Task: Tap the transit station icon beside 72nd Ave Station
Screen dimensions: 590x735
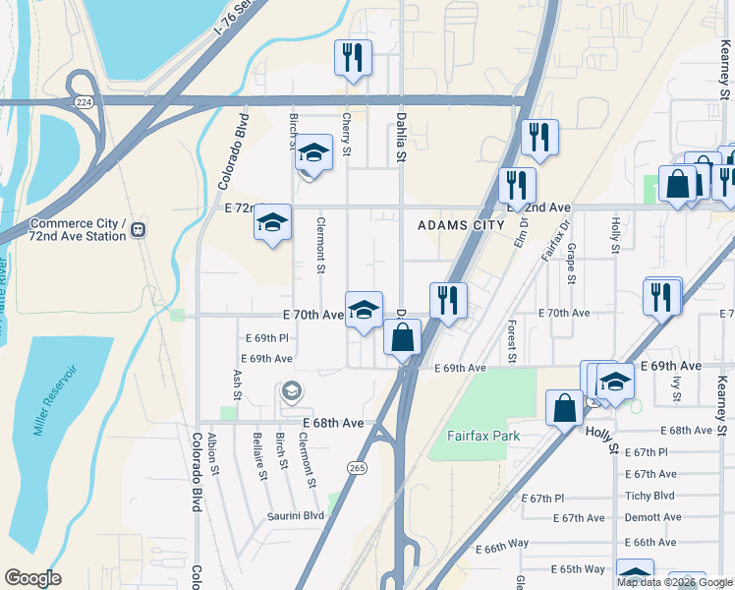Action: pos(140,229)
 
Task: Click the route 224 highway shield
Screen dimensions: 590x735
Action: pos(85,101)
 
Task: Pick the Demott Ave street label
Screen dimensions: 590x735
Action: pos(652,517)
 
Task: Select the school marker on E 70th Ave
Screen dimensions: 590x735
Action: pos(364,310)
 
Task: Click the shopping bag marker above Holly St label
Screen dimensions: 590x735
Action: pos(564,408)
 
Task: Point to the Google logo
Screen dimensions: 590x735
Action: pos(32,578)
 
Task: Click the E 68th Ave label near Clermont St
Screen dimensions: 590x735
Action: pos(333,423)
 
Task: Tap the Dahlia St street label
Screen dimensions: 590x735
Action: pos(401,136)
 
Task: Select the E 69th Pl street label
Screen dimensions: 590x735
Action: pos(264,338)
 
